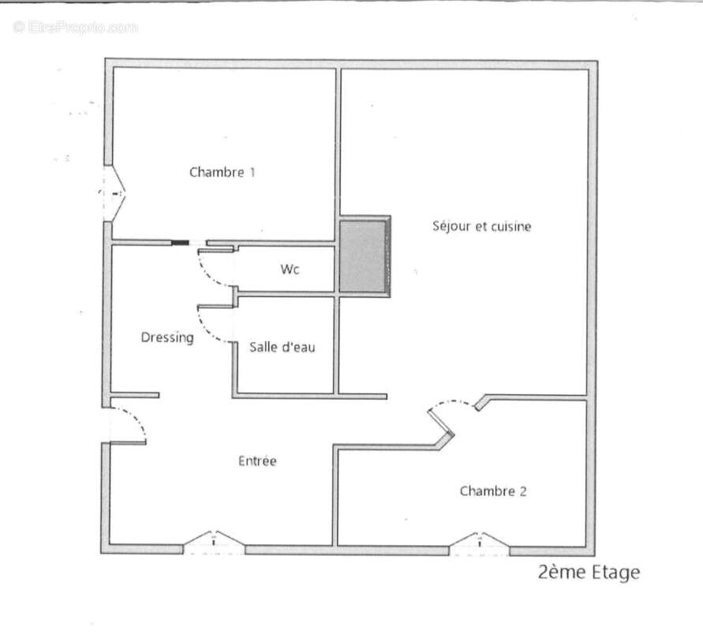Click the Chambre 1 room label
pos(222,172)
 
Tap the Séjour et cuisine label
pos(481,227)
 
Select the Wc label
pos(290,269)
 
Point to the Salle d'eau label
pos(282,347)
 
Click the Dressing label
pos(167,337)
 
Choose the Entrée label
pos(257,461)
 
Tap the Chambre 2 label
pos(493,491)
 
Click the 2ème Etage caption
pos(589,573)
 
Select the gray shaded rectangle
pos(363,257)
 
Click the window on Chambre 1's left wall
pos(112,192)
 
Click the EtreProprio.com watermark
pos(76,28)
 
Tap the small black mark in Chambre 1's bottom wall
pos(181,243)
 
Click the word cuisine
pos(510,227)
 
